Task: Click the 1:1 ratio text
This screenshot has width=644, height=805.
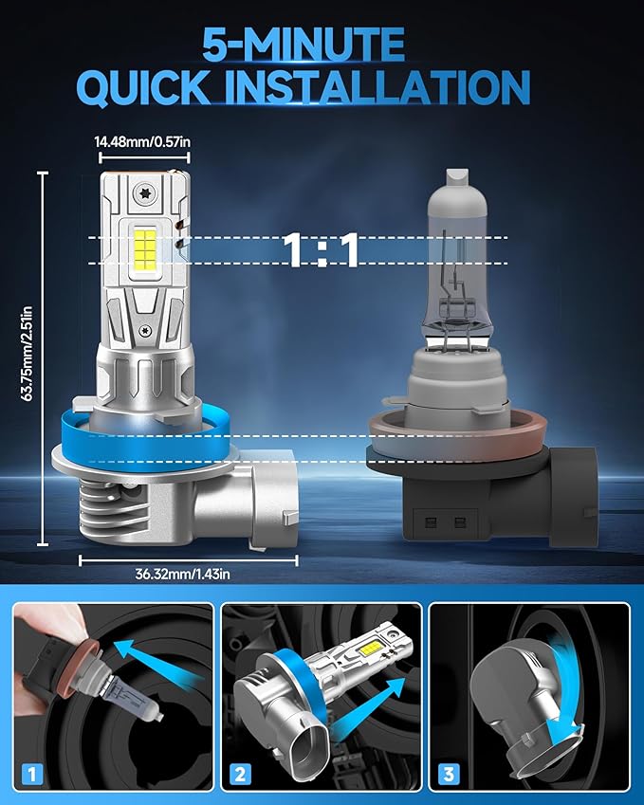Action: [x=322, y=251]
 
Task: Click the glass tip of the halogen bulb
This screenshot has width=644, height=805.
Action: [x=455, y=178]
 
